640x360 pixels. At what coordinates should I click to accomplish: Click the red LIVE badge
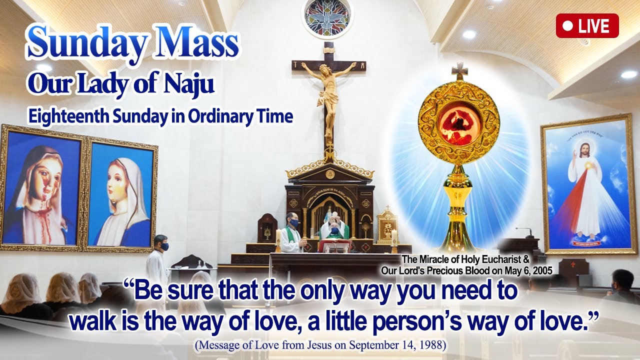pos(587,26)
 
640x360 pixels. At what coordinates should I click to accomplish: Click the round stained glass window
pos(327,17)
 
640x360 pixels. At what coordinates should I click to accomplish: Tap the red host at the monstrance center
pos(458,123)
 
